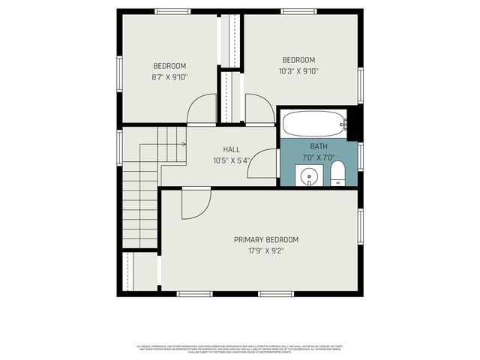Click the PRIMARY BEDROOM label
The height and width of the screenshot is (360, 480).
tap(265, 240)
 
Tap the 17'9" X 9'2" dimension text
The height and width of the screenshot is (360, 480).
tap(265, 251)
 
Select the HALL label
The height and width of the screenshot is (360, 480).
tap(231, 150)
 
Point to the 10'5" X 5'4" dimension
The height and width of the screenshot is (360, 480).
tap(231, 160)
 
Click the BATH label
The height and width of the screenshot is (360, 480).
tap(319, 146)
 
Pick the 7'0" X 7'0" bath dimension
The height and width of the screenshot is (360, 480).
tap(319, 157)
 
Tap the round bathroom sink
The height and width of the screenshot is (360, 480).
tap(308, 177)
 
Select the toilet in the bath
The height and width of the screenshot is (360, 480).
tap(337, 172)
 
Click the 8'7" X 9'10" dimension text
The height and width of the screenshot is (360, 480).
tap(169, 76)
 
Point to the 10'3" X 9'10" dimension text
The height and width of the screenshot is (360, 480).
tap(298, 71)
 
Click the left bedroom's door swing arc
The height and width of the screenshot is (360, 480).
tap(201, 111)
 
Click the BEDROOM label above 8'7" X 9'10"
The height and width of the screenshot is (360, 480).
tap(169, 66)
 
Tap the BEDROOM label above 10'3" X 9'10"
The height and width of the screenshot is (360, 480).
tap(298, 61)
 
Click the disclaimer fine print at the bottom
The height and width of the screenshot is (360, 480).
tap(240, 349)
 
